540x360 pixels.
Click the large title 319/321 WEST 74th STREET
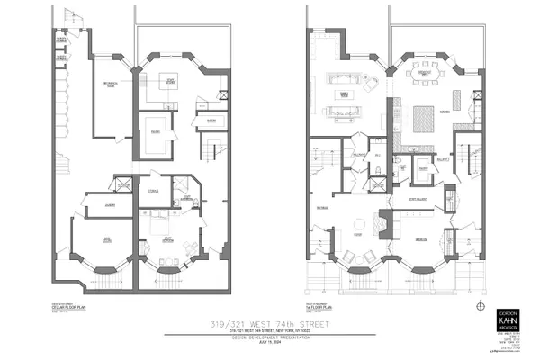tap(269, 321)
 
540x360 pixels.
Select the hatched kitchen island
tap(422, 115)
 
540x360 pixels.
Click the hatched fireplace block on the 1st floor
tap(383, 221)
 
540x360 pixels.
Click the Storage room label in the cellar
tap(154, 190)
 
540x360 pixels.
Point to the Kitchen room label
tap(444, 112)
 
